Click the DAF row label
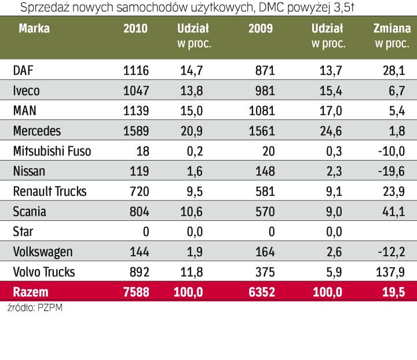click(23, 71)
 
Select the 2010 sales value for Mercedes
click(136, 132)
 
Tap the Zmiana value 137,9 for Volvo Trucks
click(389, 272)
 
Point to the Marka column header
click(34, 29)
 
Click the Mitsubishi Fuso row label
click(52, 152)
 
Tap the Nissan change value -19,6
click(389, 172)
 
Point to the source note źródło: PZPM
click(35, 308)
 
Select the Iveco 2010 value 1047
click(136, 91)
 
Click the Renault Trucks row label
click(48, 192)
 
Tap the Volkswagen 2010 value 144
click(138, 252)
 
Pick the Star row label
click(23, 232)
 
